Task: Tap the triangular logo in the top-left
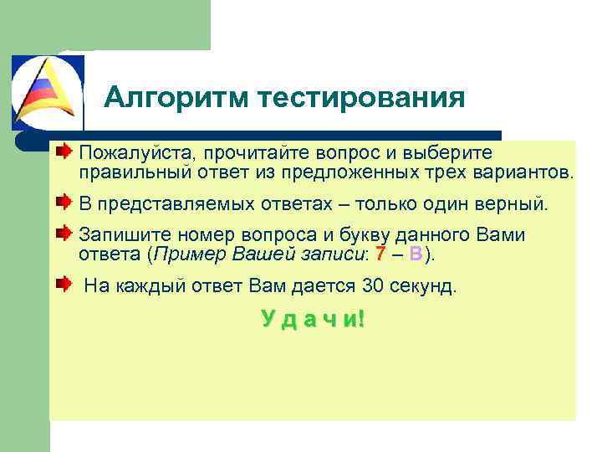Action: point(48,91)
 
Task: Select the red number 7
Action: point(380,254)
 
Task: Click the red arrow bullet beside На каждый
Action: point(64,285)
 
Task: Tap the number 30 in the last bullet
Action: point(374,286)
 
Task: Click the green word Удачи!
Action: point(313,319)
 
